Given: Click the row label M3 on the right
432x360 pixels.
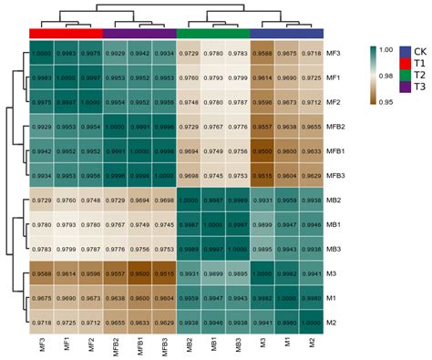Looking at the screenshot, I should click(332, 273).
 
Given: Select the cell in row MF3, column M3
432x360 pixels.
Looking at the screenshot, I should click(262, 54).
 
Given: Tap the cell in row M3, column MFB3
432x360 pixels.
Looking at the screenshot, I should click(164, 273).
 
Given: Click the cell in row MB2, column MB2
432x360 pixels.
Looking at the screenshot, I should click(189, 200).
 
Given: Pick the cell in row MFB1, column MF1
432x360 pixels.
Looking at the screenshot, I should click(66, 150).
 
